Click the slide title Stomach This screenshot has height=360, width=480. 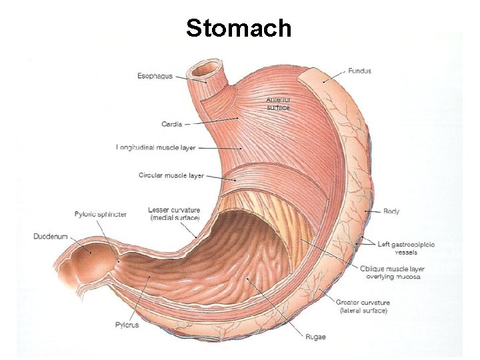click(x=239, y=28)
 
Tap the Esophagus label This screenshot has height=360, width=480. click(x=155, y=76)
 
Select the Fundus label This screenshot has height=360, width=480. click(x=359, y=71)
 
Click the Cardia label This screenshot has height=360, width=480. click(x=171, y=123)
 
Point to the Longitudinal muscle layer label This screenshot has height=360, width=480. click(x=155, y=147)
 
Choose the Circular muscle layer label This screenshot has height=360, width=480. click(x=171, y=175)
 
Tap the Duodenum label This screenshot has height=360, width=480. click(x=51, y=236)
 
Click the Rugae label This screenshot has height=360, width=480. click(x=315, y=337)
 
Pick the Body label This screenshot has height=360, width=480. click(x=391, y=211)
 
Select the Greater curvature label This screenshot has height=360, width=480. click(x=363, y=307)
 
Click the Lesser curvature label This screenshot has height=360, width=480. click(x=175, y=214)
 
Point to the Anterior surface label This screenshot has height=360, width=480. click(x=278, y=104)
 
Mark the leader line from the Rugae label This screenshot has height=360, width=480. click(x=273, y=306)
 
